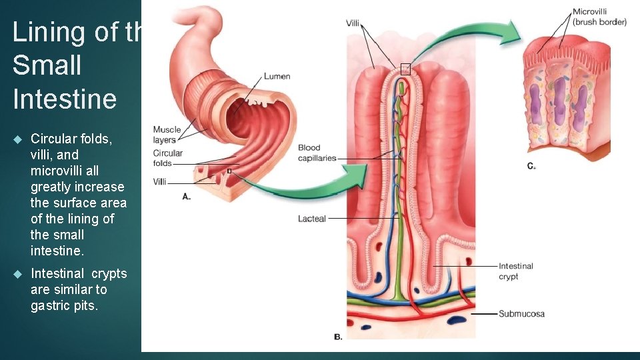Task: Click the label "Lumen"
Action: pos(277,77)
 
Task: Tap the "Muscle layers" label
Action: pos(167,135)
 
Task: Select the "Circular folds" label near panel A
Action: pos(167,158)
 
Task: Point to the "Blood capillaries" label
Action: pos(317,153)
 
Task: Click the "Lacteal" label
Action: pos(311,219)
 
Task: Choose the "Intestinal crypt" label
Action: pos(515,271)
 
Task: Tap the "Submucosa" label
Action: pos(521,313)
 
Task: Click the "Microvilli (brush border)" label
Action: pos(599,17)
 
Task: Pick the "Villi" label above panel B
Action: pos(353,23)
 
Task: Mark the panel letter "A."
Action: pos(186,197)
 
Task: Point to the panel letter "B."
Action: pos(338,337)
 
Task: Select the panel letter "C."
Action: pos(531,165)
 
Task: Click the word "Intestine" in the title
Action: pos(64,99)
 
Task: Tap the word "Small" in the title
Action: pos(47,65)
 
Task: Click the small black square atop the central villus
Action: pos(405,68)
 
